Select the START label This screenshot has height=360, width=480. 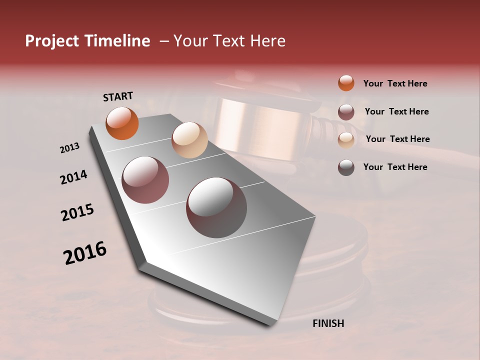(118, 96)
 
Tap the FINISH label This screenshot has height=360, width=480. (328, 323)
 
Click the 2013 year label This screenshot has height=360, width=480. (69, 148)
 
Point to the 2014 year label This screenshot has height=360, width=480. (73, 177)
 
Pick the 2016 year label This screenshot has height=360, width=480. (85, 252)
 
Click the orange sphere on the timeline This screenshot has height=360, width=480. (122, 123)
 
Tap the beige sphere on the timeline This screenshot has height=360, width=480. (189, 140)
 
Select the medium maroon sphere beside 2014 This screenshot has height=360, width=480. (145, 180)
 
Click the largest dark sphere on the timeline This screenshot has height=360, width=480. (216, 207)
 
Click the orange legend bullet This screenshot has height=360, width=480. (346, 83)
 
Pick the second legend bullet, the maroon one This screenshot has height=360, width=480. (346, 111)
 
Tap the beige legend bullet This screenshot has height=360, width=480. (346, 139)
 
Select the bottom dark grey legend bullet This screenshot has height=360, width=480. (346, 167)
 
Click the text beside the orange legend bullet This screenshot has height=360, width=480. (395, 83)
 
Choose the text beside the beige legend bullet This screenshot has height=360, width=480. (397, 139)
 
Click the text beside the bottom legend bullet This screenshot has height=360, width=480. (395, 167)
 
